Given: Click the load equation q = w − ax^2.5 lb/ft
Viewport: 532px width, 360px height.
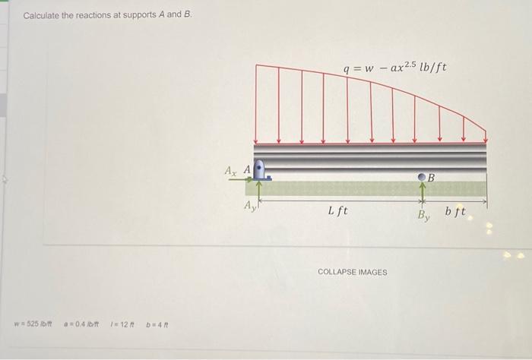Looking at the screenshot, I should point(395,69).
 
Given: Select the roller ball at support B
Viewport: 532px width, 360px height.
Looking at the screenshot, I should point(423,177).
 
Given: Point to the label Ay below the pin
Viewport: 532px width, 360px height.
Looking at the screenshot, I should point(248,205).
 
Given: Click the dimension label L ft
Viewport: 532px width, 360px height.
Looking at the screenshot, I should point(337,210).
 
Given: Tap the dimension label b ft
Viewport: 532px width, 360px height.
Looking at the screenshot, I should point(456,210).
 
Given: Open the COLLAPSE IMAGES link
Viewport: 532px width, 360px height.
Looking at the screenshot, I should point(352,272).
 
